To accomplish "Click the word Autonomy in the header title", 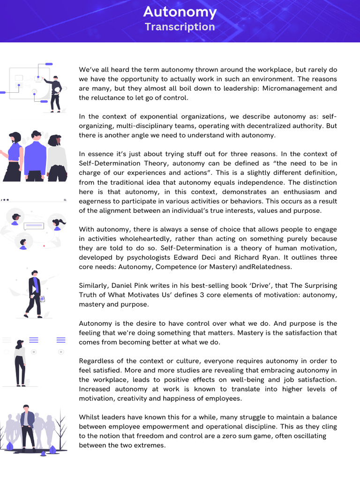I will [x=180, y=12].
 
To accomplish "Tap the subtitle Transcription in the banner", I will [x=180, y=27].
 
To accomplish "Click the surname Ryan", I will [x=284, y=257].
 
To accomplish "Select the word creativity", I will [x=137, y=398].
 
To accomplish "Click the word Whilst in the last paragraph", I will [x=90, y=417].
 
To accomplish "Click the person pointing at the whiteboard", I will [x=56, y=93].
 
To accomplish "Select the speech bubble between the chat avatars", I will [x=34, y=226].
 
